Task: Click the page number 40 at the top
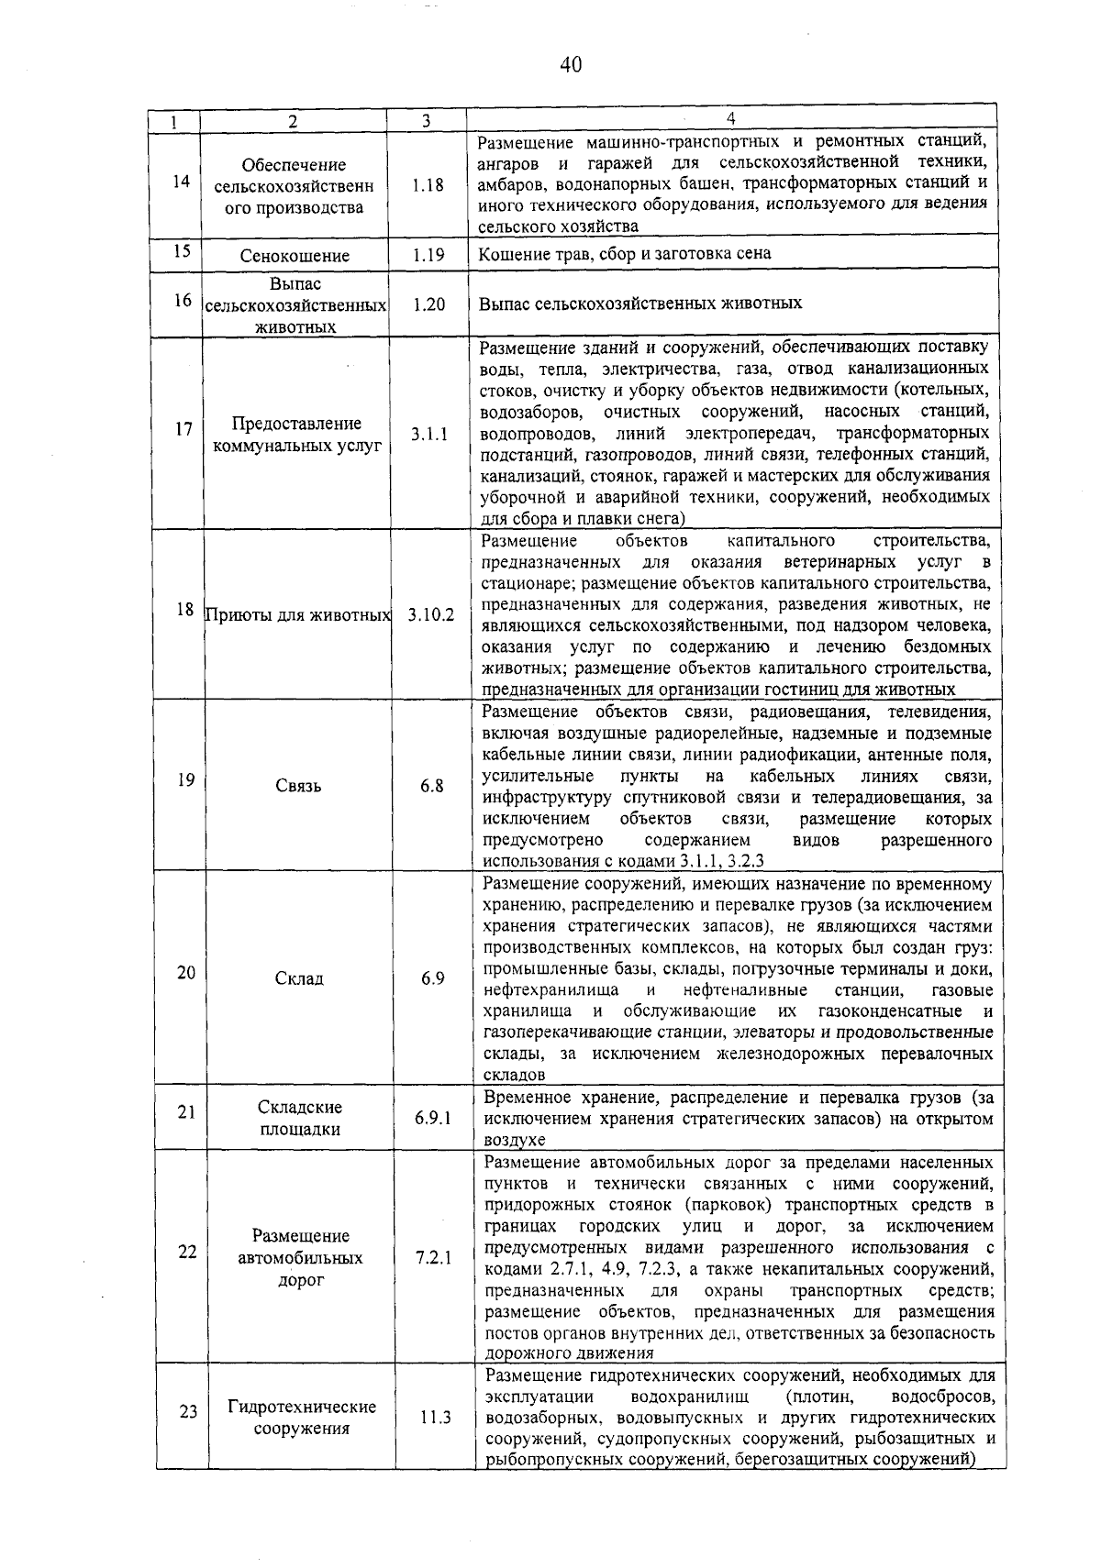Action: (571, 64)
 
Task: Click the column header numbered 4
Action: (730, 119)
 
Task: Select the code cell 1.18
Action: (428, 185)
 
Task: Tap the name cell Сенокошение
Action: (295, 256)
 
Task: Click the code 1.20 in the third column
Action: (428, 304)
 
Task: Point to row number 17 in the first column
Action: (183, 428)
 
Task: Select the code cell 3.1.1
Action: (428, 435)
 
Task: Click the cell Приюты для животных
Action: (297, 614)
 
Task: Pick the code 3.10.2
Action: (430, 614)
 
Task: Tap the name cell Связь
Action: (298, 786)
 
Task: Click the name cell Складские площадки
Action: (299, 1118)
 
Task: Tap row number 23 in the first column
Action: (188, 1412)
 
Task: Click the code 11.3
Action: (435, 1418)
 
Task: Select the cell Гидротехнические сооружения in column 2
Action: (302, 1418)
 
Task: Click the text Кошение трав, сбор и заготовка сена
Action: (625, 254)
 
